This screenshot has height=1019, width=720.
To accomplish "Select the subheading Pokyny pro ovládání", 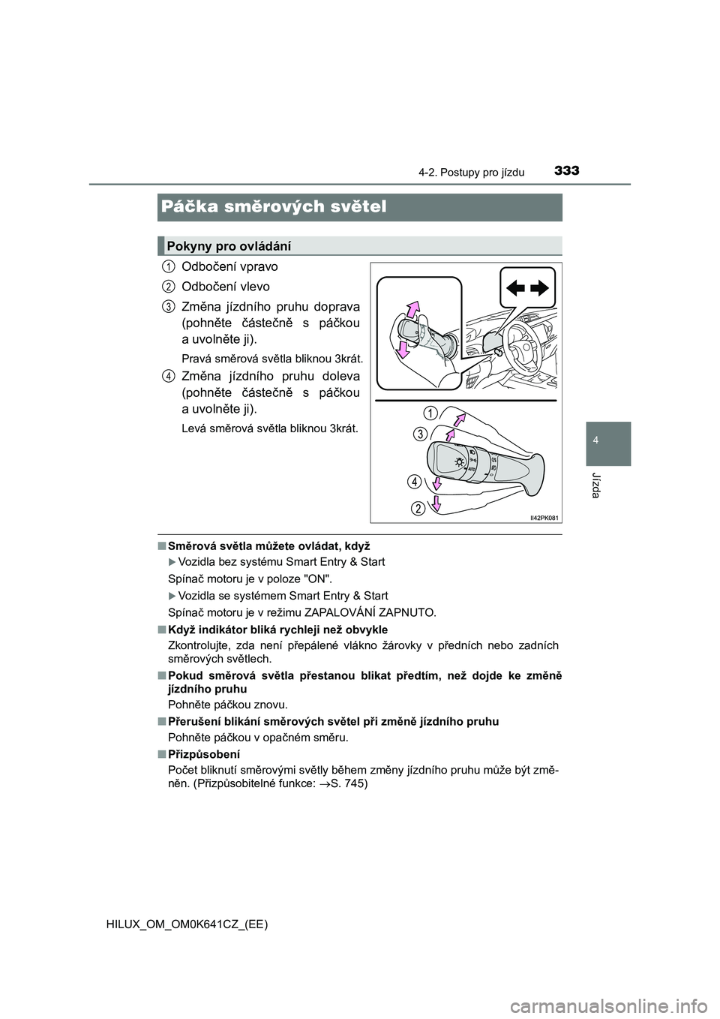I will point(229,245).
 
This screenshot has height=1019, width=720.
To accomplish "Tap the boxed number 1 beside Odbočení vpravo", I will point(169,266).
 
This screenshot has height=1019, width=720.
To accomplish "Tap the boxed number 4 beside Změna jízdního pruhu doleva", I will point(169,375).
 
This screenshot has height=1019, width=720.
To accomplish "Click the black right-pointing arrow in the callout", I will point(540,287).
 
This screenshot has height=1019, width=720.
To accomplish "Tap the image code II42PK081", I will point(545,517).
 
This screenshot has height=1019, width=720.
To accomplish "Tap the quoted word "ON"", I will point(316,579).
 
